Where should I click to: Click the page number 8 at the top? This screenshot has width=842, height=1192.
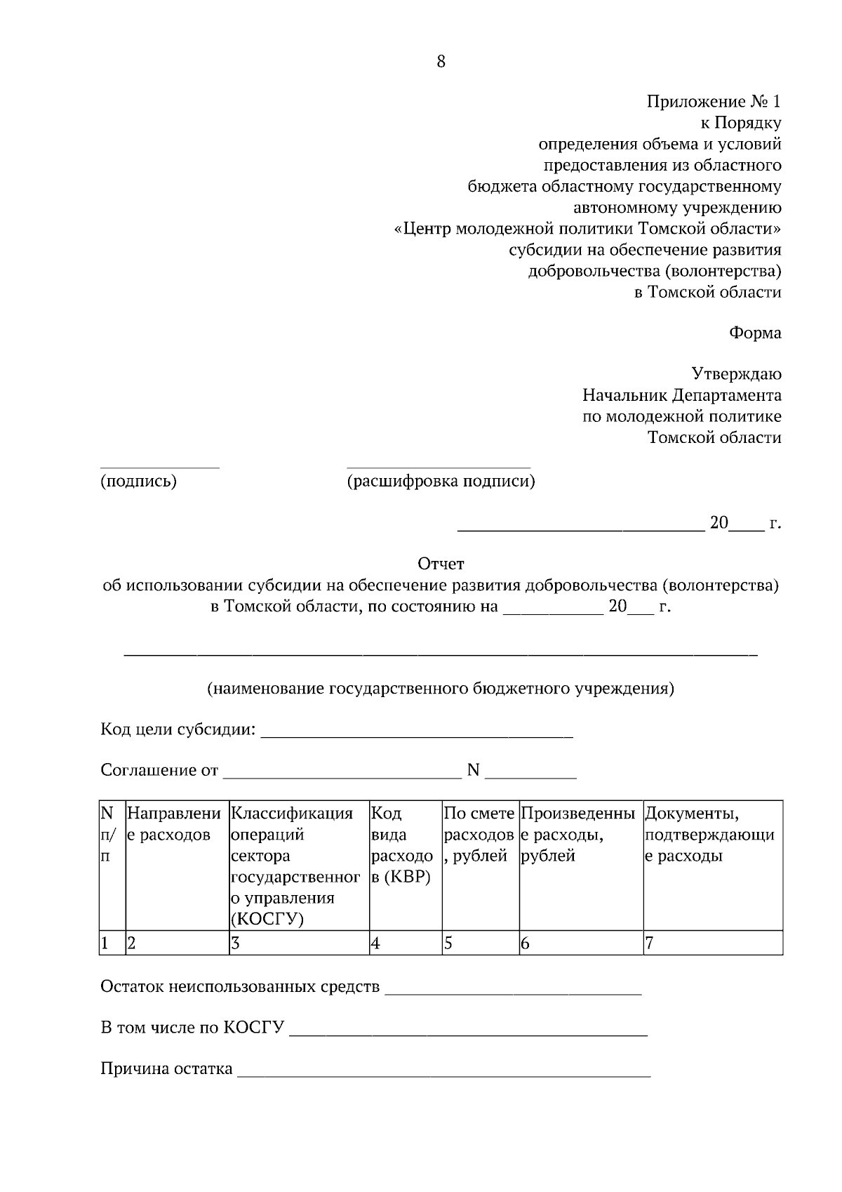(441, 62)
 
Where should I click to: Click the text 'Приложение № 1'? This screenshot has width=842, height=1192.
(714, 102)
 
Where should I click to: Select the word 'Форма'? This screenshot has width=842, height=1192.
(755, 333)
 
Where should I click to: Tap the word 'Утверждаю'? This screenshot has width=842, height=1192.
(736, 374)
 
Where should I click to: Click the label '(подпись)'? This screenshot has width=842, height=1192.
(138, 482)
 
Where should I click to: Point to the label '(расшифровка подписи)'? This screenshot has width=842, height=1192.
(441, 482)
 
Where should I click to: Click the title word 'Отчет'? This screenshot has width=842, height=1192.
(441, 564)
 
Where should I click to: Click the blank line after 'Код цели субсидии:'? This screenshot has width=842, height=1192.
(417, 734)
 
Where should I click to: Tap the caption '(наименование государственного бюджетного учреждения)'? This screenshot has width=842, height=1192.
(440, 688)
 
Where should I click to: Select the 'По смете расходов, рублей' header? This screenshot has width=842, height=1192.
(480, 835)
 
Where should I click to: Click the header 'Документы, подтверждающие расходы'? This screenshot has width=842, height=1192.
(712, 835)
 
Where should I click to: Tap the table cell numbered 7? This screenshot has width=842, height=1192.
(712, 943)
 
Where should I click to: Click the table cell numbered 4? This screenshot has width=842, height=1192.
(405, 943)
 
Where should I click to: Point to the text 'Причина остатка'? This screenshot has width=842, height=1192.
(166, 1069)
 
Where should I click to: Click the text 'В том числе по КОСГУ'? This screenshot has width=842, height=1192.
(192, 1028)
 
